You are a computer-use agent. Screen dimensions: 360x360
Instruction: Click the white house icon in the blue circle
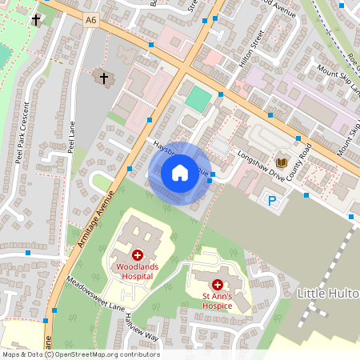tap(179, 173)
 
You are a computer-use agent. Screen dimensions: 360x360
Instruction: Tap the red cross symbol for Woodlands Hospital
tap(138, 254)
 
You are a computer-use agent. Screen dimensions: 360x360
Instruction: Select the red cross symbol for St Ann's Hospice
tap(217, 285)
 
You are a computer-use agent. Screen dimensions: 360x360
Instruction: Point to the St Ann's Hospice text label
tap(217, 302)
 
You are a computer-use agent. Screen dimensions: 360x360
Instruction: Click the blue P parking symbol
tap(272, 201)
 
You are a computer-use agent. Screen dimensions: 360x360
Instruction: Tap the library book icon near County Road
tap(282, 162)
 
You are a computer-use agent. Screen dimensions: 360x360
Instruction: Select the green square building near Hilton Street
tap(196, 99)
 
